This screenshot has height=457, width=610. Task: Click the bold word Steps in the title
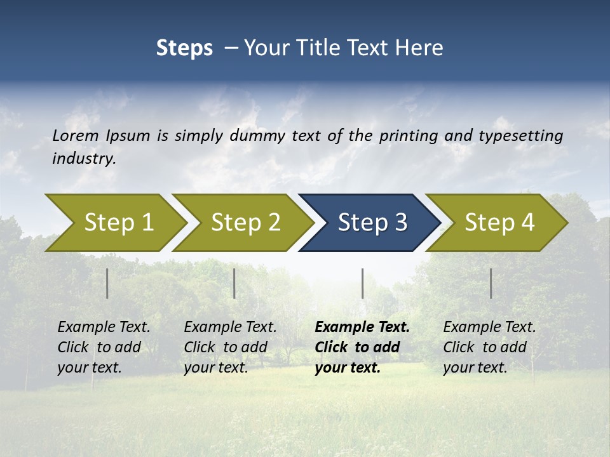click(x=184, y=48)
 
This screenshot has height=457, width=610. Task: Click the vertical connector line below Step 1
click(x=107, y=283)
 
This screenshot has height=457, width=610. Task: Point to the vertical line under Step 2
click(x=234, y=283)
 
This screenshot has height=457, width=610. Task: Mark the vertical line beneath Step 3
click(x=362, y=283)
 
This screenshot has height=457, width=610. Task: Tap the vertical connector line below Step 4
click(x=491, y=283)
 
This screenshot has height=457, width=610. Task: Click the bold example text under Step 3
click(x=362, y=347)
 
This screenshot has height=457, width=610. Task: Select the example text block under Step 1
click(x=104, y=347)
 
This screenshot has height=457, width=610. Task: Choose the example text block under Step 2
click(x=230, y=347)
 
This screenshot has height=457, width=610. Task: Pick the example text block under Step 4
click(x=489, y=347)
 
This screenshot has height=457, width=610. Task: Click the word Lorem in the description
click(x=76, y=136)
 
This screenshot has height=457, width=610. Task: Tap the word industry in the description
click(x=84, y=159)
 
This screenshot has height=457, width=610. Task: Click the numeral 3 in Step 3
click(x=400, y=223)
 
